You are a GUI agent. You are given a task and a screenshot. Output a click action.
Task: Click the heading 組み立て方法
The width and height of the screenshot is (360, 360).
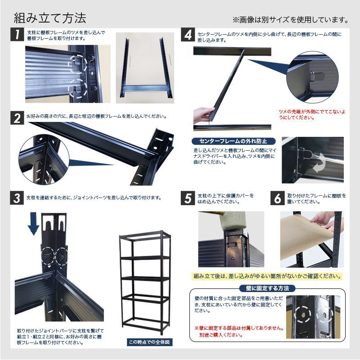pos(49,18)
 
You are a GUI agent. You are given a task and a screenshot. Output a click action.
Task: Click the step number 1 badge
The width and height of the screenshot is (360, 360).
pos(17,35)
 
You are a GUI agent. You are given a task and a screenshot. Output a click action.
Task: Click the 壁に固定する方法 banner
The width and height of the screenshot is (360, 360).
pos(267,288)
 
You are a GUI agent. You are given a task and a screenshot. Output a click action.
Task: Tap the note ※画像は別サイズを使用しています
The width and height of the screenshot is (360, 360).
pos(290,20)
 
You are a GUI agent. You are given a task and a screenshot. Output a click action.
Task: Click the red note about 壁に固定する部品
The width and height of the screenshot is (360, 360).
pos(238,332)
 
